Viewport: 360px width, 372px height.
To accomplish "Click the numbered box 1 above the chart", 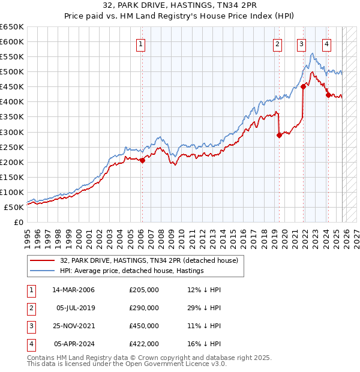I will coord(140,43).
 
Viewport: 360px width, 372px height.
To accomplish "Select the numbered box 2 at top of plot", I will coord(278,43).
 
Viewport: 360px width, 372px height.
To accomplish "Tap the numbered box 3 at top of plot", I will coord(301,43).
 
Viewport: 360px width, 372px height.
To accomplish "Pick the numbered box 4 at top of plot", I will coord(326,43).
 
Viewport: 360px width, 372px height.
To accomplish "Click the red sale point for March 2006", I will coord(142,160).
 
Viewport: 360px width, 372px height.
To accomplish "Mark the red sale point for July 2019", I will coord(279,135).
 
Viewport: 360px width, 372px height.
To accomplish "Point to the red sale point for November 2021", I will coord(304,86).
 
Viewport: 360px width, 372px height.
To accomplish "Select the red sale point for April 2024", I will coord(328,95).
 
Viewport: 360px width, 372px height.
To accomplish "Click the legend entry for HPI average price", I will coord(132,271).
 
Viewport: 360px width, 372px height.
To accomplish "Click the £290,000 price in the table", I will coord(144,308).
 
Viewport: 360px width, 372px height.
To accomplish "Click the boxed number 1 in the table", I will coord(29,290).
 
